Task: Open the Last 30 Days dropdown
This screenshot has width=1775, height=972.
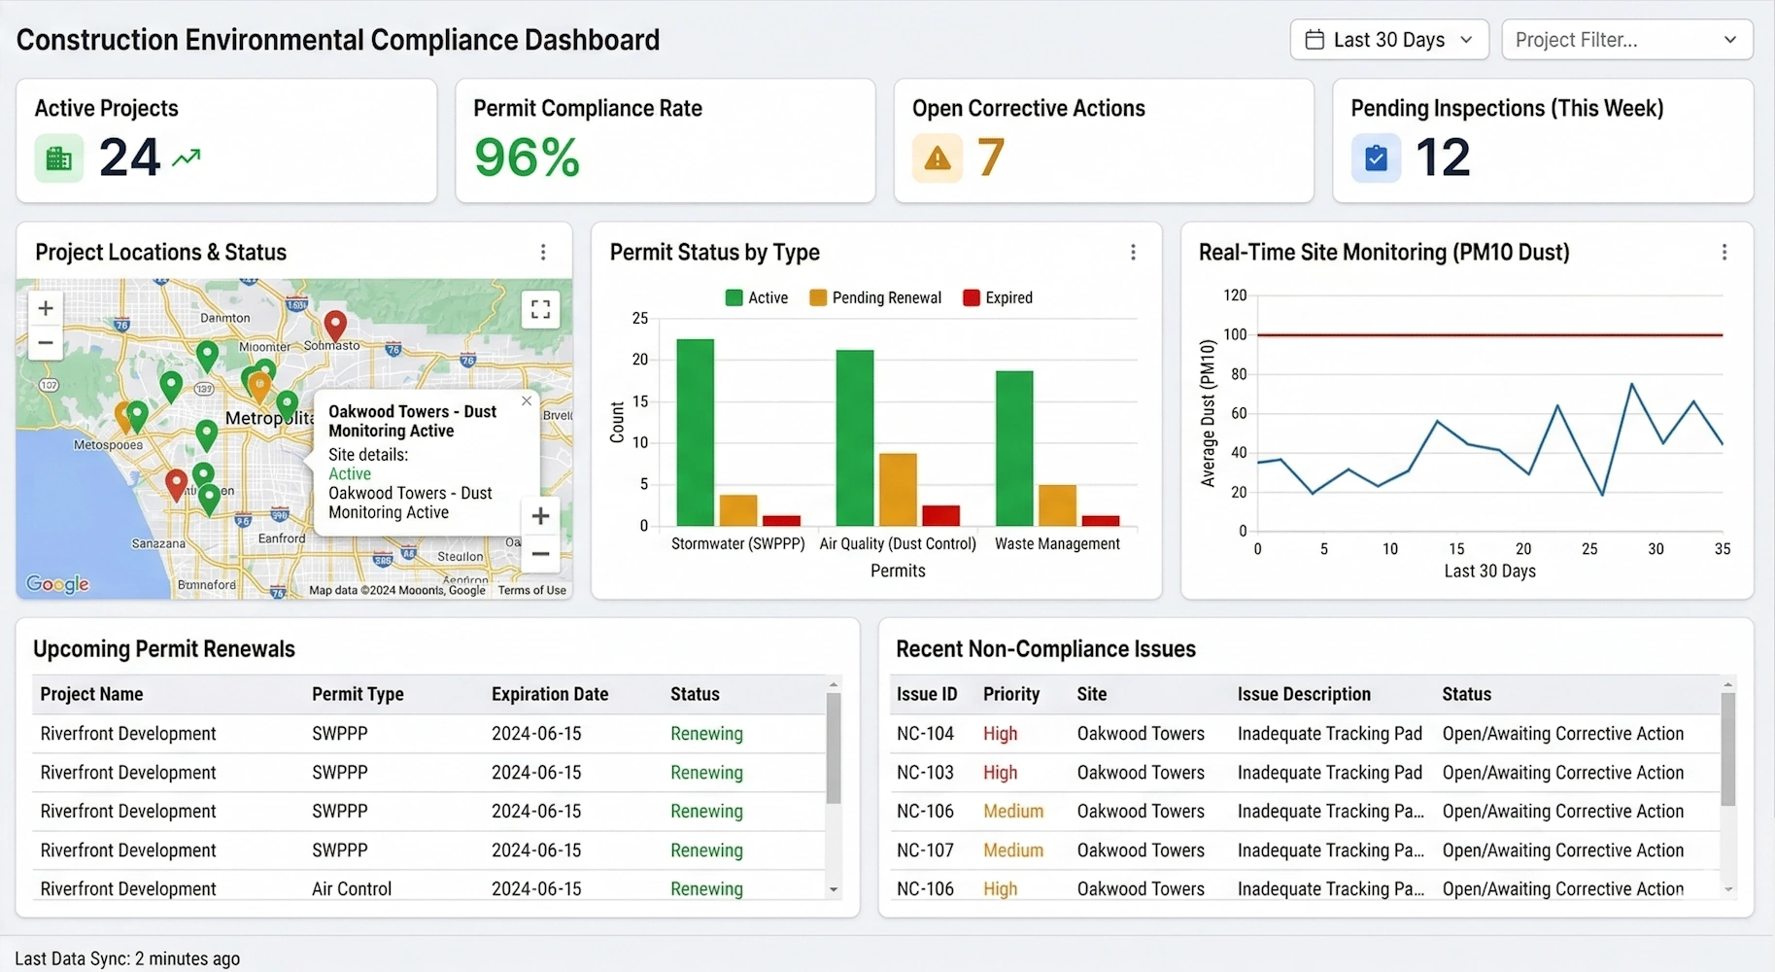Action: (1388, 40)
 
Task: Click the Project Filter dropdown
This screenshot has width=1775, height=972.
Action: (1626, 40)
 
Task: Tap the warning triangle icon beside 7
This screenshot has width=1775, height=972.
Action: (937, 158)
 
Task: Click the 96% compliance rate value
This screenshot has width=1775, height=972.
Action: (527, 157)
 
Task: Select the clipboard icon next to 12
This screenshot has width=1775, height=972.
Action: (1376, 158)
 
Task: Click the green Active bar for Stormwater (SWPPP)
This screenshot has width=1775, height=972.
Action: (695, 433)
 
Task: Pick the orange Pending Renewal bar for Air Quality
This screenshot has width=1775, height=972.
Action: (898, 489)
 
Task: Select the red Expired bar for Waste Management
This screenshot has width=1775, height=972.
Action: (1101, 521)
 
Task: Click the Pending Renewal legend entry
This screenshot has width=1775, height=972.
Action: (875, 297)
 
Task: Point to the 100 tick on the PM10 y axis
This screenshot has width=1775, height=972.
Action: (1235, 334)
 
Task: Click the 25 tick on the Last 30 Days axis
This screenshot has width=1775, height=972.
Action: (1589, 549)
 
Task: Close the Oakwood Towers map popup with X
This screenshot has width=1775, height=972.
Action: (527, 400)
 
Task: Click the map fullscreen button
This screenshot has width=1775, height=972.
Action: (540, 310)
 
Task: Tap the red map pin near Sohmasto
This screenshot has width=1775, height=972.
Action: (335, 325)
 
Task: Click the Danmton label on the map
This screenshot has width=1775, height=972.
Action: (224, 318)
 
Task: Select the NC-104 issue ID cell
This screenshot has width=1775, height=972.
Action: (925, 734)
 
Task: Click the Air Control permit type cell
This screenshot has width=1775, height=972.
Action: (352, 888)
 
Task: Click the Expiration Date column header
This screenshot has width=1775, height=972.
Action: (550, 694)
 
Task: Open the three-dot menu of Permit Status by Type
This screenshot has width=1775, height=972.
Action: (1133, 253)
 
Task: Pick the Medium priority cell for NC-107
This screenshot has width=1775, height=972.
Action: (1013, 850)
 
